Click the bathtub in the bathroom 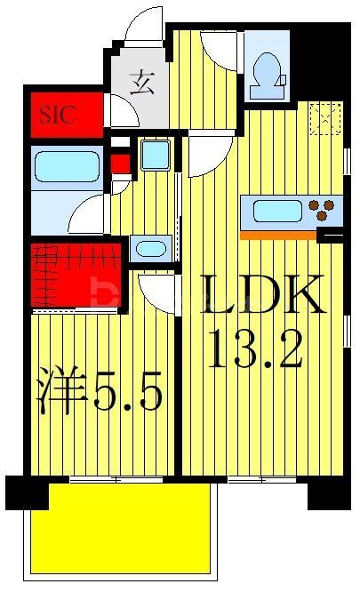[x=67, y=166]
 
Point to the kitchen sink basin [x=278, y=212]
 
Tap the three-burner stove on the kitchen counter [x=326, y=212]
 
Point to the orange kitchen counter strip [x=278, y=236]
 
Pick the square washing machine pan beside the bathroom [x=155, y=156]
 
